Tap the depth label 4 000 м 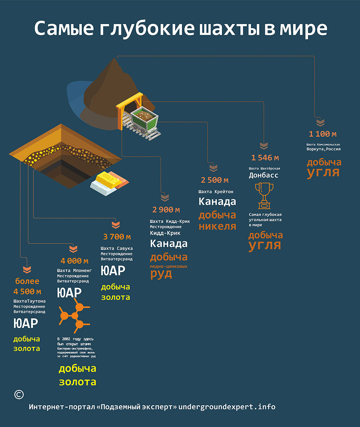pos(74,261)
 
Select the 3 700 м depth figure pos(117,236)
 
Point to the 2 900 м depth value pos(166,210)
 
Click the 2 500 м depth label pos(214,180)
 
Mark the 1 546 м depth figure pos(265,157)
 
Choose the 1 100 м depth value pos(323,134)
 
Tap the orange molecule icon pos(74,315)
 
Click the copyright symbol pos(19,394)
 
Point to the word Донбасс pos(263,175)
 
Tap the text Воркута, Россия pos(323,149)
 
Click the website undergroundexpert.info pos(227,407)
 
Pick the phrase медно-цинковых pos(169,266)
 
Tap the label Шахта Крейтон pos(216,192)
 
